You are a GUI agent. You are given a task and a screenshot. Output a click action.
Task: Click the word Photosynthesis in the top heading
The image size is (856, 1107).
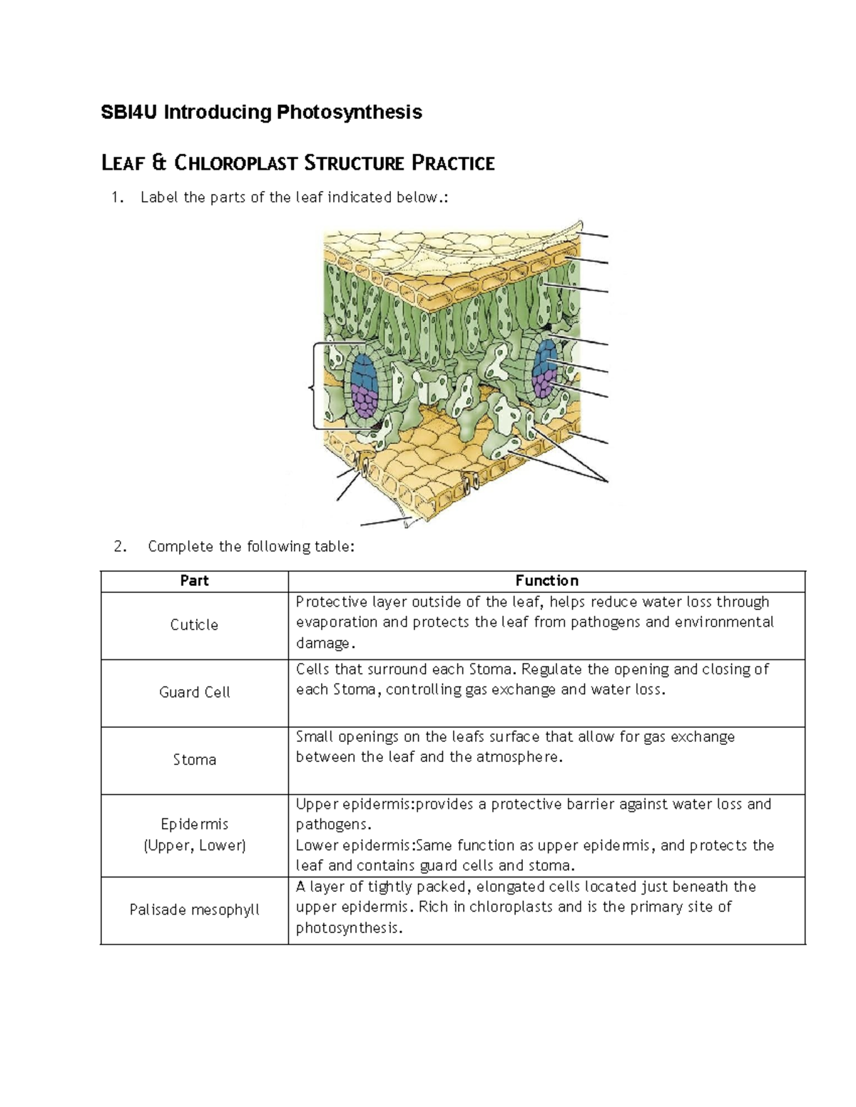tap(350, 112)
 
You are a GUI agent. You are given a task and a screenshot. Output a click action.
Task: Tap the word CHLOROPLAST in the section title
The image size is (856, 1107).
tap(235, 163)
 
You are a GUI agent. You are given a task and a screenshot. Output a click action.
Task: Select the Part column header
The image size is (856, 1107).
tap(194, 581)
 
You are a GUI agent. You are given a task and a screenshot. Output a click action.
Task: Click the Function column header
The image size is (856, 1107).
tap(546, 581)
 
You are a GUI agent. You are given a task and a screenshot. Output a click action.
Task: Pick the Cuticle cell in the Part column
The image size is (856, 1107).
tap(194, 625)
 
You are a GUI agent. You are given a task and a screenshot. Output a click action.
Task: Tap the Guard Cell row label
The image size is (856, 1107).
tap(194, 692)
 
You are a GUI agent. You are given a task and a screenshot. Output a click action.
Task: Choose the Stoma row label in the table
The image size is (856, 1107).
tap(194, 760)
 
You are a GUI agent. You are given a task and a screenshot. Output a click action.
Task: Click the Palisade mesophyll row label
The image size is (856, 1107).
tap(194, 910)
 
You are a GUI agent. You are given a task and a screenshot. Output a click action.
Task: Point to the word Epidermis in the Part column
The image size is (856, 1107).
tap(194, 824)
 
